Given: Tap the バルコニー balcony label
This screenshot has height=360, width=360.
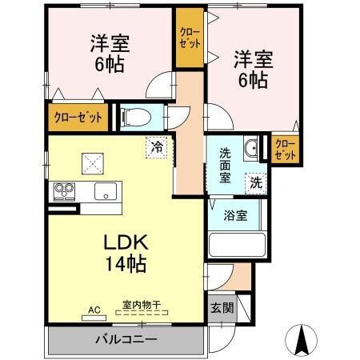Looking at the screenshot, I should pos(128,338).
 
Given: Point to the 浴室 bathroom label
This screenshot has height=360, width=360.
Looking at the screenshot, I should pos(234,215).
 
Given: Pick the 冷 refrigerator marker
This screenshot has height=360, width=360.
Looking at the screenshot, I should pos(158,147).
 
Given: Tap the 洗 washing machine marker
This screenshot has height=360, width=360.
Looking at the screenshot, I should pos(256,182).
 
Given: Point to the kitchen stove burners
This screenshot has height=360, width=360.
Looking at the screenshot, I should pos(64,191).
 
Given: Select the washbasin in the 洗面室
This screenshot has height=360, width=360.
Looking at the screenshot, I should pos(250,147).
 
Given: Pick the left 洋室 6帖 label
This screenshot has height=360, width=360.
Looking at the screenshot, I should pos(106,53).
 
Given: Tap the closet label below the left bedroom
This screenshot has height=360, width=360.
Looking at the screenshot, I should pos(78,118).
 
